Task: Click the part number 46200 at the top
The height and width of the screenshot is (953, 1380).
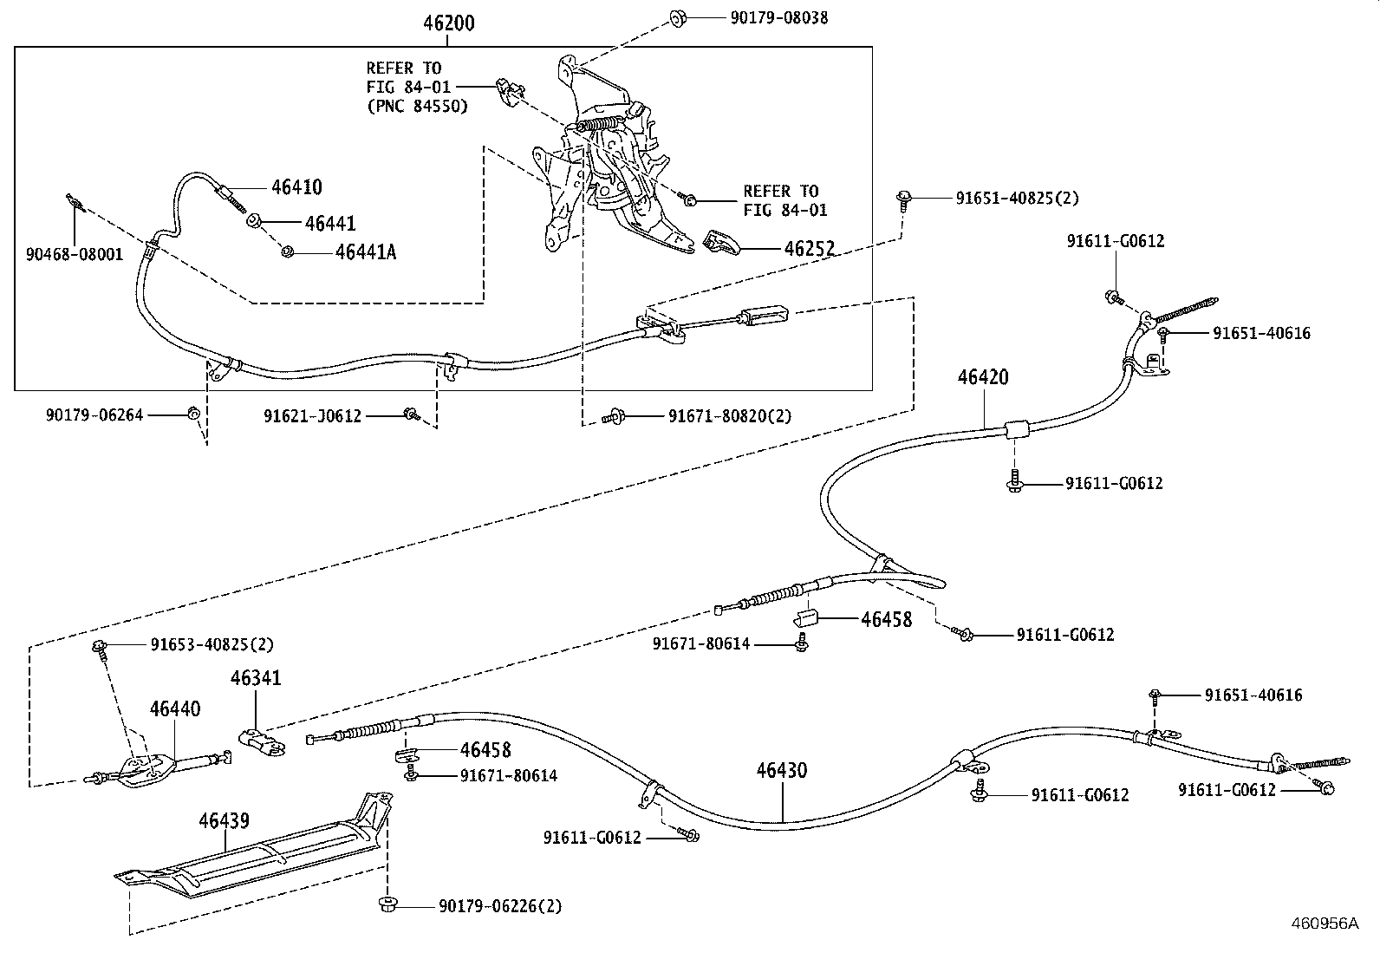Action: (x=448, y=23)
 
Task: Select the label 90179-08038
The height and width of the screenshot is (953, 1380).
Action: (x=778, y=18)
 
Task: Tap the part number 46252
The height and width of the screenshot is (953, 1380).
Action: (x=809, y=248)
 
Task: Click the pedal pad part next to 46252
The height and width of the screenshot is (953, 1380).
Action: (x=721, y=242)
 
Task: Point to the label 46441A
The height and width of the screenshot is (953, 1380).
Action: (x=365, y=252)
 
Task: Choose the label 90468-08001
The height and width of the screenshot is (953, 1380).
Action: (x=75, y=255)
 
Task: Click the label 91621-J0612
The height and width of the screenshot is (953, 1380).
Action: (x=312, y=416)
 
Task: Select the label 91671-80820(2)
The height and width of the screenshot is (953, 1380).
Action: (x=730, y=417)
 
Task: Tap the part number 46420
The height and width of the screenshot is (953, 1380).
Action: (x=983, y=377)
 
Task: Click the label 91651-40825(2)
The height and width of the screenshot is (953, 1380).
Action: (x=1017, y=199)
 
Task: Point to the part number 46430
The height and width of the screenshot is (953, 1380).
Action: (x=782, y=771)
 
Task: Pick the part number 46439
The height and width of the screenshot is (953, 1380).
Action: (x=224, y=821)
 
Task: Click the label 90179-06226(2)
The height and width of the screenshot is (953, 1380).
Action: (x=500, y=906)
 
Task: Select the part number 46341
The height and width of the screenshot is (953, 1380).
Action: (x=256, y=678)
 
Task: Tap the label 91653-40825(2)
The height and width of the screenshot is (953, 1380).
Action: (x=212, y=645)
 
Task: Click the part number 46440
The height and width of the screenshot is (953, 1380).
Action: (x=175, y=708)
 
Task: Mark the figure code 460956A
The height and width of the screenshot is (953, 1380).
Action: (x=1325, y=924)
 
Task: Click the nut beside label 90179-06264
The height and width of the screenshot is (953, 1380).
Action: (x=192, y=413)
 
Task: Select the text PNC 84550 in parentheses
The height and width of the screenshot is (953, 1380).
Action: (x=417, y=106)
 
